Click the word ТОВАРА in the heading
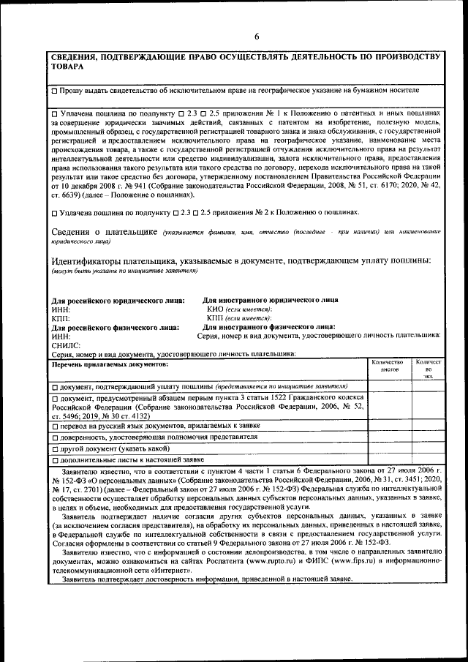click(x=67, y=67)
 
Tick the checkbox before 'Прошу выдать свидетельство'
click(x=55, y=91)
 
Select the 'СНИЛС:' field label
click(x=66, y=345)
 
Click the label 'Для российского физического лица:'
click(x=115, y=327)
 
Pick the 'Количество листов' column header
click(x=388, y=366)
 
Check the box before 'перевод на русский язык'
click(x=55, y=425)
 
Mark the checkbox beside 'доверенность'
click(x=55, y=437)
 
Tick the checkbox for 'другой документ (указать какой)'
click(x=55, y=448)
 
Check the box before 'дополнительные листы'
click(x=55, y=460)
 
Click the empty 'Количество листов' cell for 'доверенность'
click(x=388, y=437)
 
